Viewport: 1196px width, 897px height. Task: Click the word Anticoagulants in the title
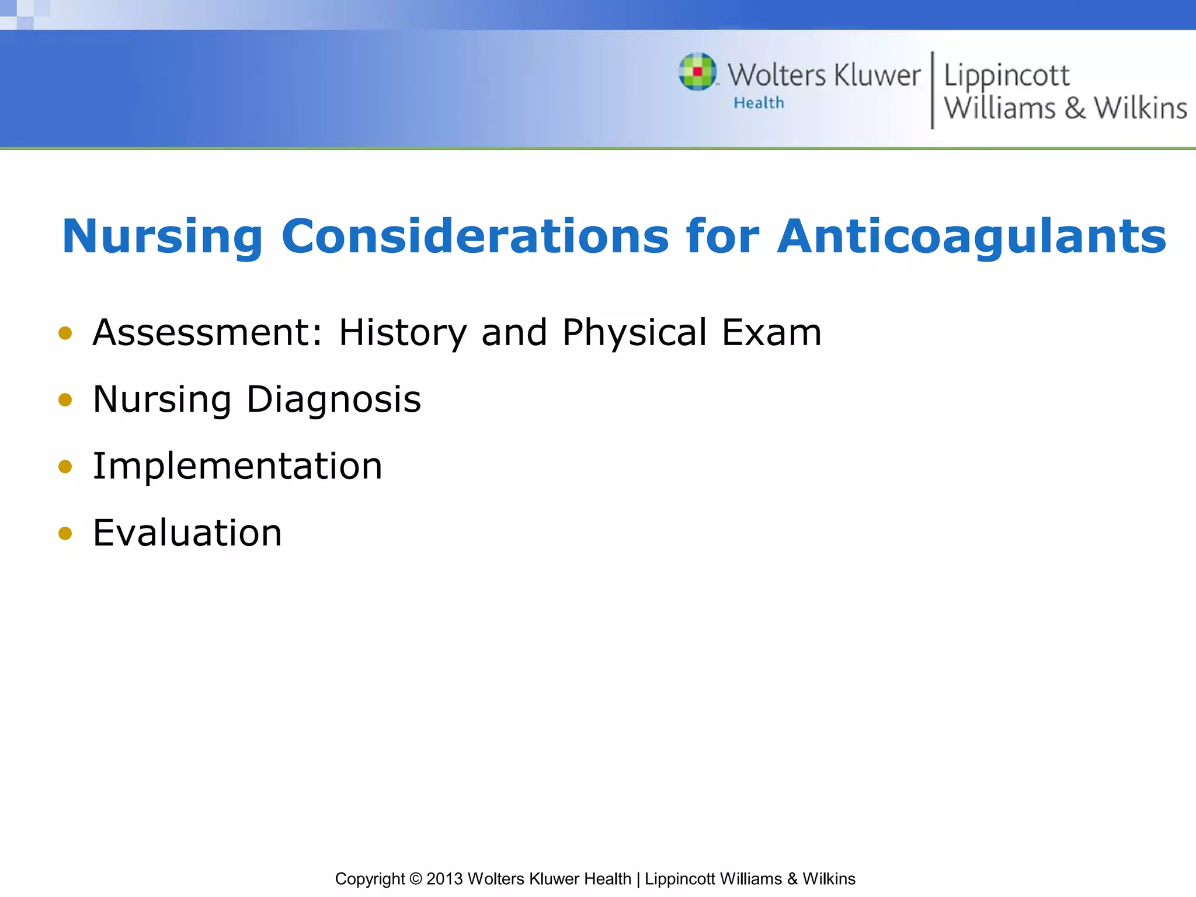tap(971, 237)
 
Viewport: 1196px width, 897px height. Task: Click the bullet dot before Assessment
tap(65, 333)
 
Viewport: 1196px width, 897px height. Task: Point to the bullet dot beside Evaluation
tap(65, 533)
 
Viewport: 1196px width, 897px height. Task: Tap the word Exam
tap(771, 332)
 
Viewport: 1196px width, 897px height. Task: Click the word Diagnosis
tap(333, 400)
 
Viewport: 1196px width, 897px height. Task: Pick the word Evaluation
tap(187, 533)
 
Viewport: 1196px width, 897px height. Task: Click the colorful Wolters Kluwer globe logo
tap(697, 72)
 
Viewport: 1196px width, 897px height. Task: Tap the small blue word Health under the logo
tap(759, 103)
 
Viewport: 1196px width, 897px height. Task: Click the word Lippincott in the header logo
tap(1006, 77)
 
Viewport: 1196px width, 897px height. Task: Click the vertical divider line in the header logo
tap(932, 90)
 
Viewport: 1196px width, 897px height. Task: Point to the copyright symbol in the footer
tap(415, 878)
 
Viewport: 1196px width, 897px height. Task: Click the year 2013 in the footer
tap(444, 878)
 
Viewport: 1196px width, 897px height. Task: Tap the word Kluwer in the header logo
tap(877, 75)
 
